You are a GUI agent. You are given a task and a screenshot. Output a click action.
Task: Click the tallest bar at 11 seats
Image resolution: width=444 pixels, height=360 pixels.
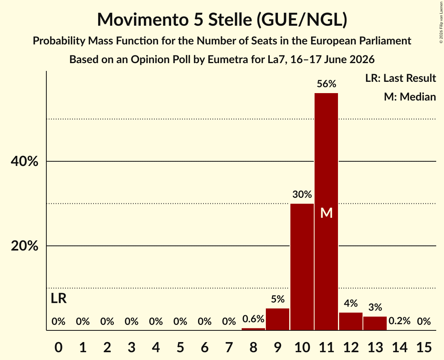(326, 212)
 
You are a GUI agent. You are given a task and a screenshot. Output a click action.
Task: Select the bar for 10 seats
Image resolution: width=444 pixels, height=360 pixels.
(302, 266)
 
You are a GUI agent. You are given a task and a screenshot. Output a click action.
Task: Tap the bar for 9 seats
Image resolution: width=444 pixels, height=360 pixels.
(278, 319)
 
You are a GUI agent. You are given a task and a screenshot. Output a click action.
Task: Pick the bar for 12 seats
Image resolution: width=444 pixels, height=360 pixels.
(350, 321)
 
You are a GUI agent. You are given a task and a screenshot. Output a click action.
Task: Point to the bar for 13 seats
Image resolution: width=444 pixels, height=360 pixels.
(375, 323)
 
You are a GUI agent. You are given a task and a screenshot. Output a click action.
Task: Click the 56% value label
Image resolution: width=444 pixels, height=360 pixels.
(327, 84)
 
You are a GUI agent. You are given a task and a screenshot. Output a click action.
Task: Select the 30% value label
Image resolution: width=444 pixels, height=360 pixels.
(302, 194)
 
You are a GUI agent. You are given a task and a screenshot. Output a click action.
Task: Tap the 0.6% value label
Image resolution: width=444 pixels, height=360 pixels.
(253, 319)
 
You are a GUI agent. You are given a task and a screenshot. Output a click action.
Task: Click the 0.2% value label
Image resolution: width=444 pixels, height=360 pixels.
(399, 321)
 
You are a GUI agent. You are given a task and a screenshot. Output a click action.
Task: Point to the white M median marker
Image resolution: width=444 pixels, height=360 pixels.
(326, 213)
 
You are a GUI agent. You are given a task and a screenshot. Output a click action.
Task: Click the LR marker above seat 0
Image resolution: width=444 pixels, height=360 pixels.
(58, 298)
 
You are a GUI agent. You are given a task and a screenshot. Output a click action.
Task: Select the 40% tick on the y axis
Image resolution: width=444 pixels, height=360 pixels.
(24, 161)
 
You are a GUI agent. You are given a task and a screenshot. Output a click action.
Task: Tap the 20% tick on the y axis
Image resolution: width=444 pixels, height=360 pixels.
(24, 246)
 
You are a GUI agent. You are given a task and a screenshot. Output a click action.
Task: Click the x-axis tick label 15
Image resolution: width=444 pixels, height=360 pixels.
(424, 347)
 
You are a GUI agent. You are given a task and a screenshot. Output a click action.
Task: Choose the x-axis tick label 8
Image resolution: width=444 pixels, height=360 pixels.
(253, 347)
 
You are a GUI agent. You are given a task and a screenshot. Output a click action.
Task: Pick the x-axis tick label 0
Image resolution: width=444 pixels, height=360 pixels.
(58, 347)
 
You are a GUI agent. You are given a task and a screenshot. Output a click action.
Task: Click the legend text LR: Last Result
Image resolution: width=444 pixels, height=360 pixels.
(400, 78)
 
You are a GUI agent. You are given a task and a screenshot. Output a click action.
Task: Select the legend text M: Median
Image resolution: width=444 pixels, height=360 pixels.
(410, 97)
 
